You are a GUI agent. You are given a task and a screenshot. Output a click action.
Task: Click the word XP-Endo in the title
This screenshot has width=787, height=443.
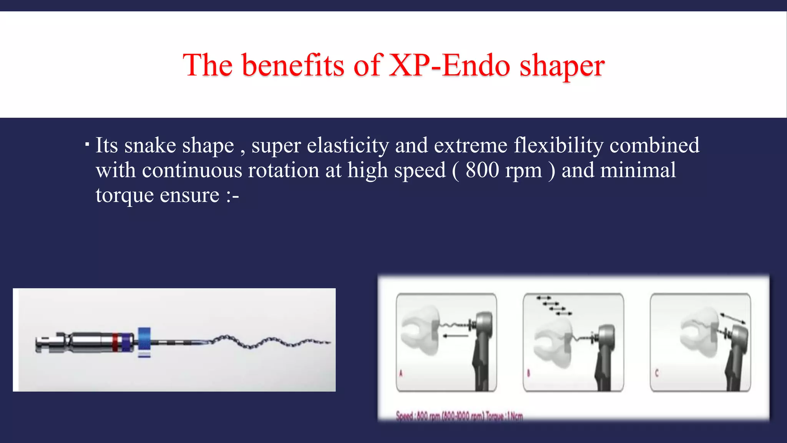450,65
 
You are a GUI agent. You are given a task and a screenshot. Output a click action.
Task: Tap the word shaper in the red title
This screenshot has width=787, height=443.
562,66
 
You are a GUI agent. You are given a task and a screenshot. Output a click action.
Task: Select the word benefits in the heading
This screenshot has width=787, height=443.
293,65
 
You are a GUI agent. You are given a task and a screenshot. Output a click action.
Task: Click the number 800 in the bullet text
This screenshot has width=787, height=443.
482,170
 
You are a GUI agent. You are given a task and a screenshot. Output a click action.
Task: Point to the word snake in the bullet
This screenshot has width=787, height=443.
150,145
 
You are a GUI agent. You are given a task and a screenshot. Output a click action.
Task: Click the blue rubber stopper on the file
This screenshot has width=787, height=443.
144,339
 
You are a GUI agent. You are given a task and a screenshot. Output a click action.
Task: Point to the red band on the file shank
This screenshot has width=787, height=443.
115,342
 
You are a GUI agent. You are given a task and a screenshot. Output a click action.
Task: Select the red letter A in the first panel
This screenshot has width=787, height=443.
401,373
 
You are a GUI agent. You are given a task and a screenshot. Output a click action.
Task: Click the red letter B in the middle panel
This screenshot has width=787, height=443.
528,373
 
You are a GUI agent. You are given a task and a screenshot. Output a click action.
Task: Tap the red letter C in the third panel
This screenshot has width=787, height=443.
656,373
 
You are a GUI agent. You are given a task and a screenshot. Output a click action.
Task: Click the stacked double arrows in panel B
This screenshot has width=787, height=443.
555,306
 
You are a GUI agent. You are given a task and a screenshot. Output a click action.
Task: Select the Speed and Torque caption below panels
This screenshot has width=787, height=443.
459,416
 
